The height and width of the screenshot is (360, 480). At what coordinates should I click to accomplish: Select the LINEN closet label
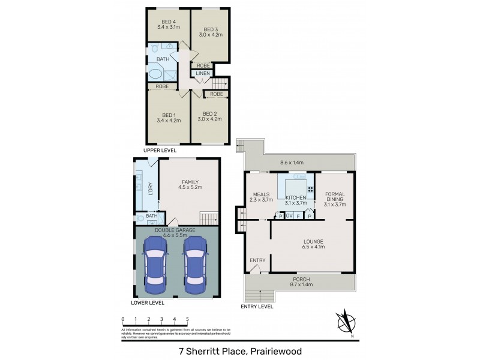[x=202, y=73]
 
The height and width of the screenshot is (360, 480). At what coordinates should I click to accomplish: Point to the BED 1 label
[x=168, y=115]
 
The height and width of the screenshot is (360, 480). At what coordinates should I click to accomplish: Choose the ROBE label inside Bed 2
[x=217, y=94]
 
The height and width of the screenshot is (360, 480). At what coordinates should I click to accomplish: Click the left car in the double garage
[x=154, y=263]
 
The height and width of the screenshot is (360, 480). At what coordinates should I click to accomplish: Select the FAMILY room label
[x=190, y=182]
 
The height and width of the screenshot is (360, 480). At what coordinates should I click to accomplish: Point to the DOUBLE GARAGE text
[x=177, y=230]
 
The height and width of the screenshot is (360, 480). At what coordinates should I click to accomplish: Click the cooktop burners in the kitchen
[x=310, y=190]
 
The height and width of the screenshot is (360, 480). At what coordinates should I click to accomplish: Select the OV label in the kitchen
[x=289, y=216]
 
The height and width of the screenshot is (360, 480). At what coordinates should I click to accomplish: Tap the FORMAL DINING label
[x=335, y=197]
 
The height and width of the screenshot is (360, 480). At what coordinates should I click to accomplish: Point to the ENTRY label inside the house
[x=257, y=260]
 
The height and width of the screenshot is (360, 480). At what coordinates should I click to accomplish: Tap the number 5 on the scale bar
[x=187, y=319]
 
